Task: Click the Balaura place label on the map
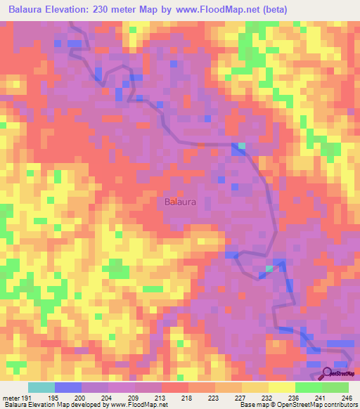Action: tap(180, 202)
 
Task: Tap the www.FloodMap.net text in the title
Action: tap(222, 10)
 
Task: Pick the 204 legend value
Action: tap(108, 397)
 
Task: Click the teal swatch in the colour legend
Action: tap(41, 387)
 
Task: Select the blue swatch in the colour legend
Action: tap(67, 387)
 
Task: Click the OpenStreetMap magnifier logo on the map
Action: tap(328, 373)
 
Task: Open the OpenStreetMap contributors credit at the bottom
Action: tap(320, 405)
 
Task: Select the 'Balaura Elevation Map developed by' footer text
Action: tap(46, 405)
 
